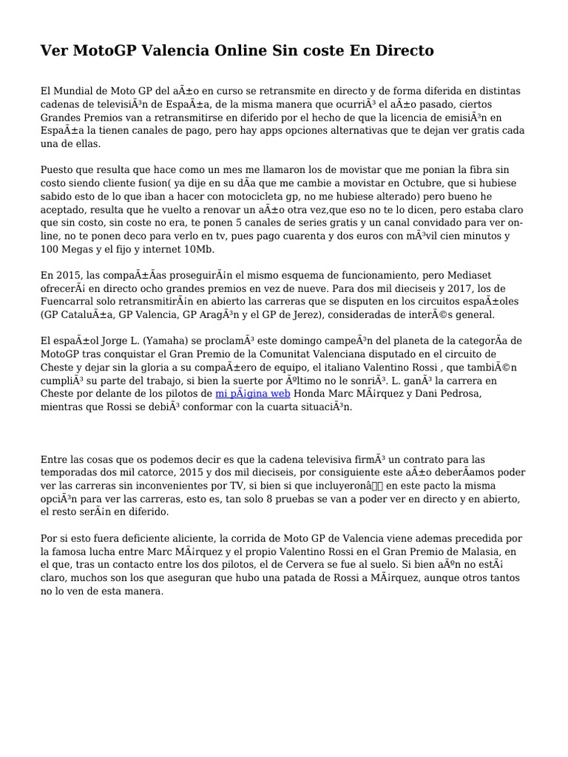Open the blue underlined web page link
[253, 393]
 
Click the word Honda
[311, 393]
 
